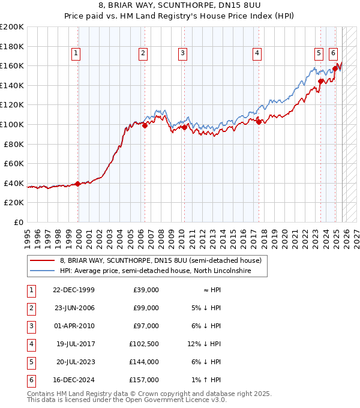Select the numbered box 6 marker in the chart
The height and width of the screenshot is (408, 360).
coord(334,53)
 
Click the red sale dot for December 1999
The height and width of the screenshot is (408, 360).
coord(78,184)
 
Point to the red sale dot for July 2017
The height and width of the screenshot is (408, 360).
coord(259,122)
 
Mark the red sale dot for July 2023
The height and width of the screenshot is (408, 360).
coord(321,81)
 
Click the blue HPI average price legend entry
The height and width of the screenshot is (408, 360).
coord(154,271)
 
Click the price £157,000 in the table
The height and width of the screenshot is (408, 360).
coord(144,380)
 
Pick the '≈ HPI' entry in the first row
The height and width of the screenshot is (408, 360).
coord(211,290)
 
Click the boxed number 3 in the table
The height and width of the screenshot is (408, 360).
coord(29,326)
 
